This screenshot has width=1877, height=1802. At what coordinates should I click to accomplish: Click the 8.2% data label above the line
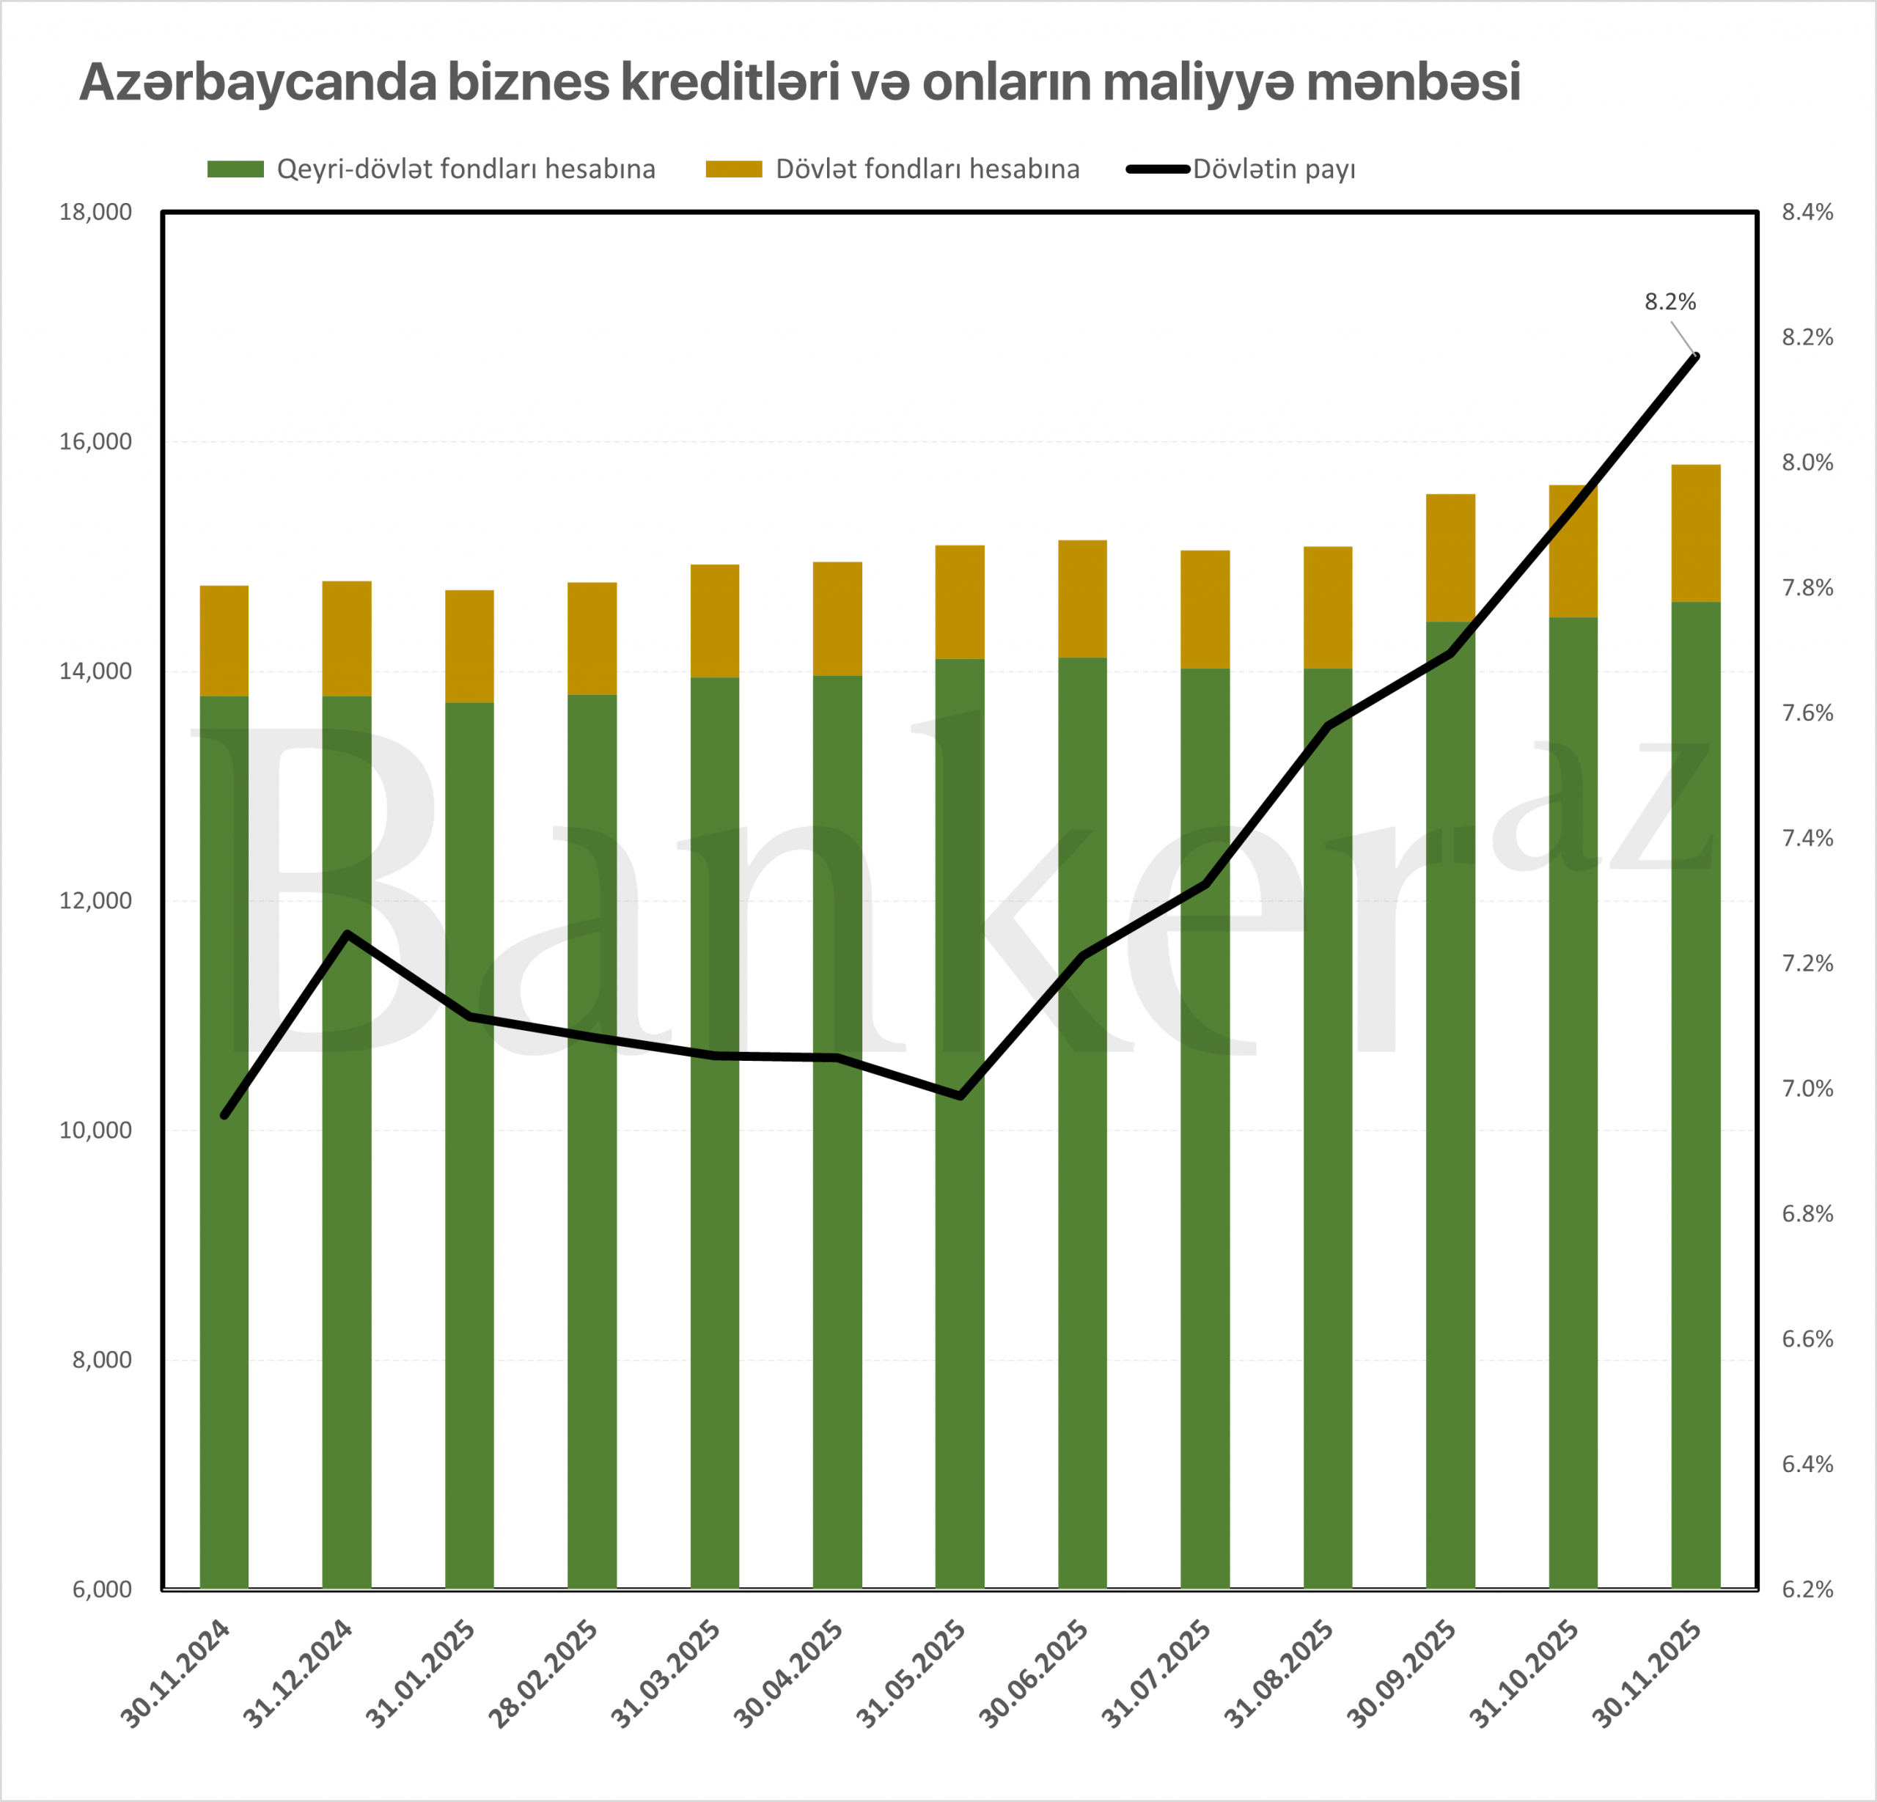pyautogui.click(x=1670, y=303)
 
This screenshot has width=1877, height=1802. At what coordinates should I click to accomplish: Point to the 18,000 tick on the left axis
pyautogui.click(x=96, y=213)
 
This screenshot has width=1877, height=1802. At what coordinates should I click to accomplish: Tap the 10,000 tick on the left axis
pyautogui.click(x=96, y=1130)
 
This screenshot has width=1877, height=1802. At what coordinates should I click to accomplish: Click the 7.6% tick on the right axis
pyautogui.click(x=1807, y=713)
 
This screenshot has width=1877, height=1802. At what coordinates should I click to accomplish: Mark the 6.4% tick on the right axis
pyautogui.click(x=1807, y=1464)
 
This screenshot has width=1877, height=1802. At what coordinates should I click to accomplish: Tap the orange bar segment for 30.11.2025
pyautogui.click(x=1696, y=533)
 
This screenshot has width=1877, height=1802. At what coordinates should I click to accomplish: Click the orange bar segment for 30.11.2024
pyautogui.click(x=224, y=641)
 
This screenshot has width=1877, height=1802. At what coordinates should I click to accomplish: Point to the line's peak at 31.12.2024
pyautogui.click(x=348, y=933)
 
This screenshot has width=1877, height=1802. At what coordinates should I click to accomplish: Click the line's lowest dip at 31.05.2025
pyautogui.click(x=960, y=1096)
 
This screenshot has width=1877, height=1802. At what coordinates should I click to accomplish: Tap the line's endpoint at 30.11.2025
pyautogui.click(x=1696, y=357)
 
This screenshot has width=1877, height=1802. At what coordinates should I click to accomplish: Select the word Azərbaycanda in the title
pyautogui.click(x=257, y=82)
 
